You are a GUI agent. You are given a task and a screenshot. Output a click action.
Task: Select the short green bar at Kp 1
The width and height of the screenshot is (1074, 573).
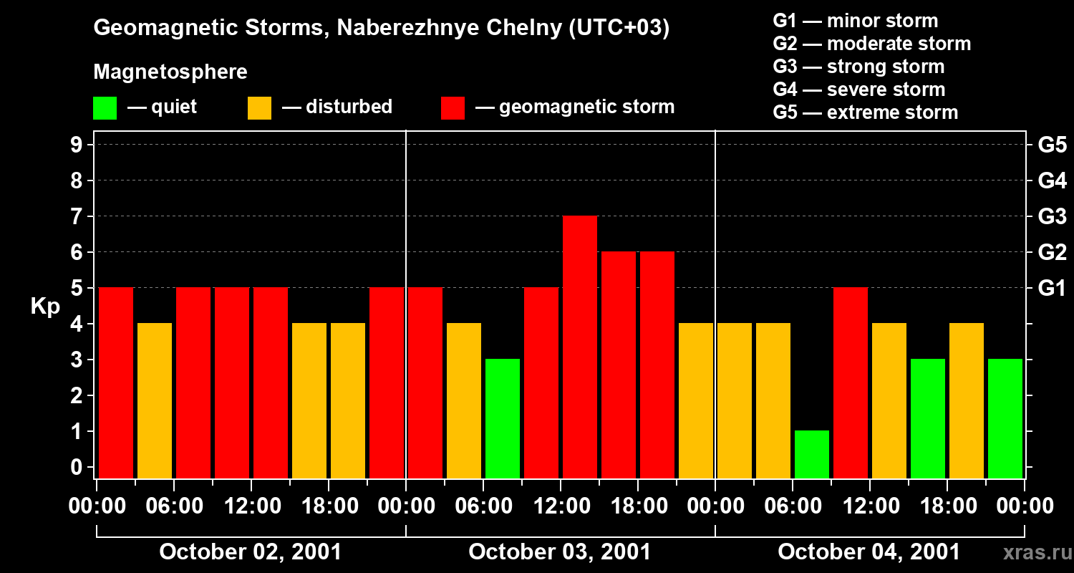pos(812,454)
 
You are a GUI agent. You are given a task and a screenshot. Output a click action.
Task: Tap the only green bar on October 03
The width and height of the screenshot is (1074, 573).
pos(503,418)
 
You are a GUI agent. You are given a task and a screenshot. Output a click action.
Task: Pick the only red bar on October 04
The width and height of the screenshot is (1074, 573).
pos(851,382)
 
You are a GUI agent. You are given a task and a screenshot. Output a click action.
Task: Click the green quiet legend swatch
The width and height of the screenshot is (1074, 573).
pos(105,108)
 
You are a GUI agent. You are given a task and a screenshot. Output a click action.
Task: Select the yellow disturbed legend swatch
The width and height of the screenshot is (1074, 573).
pos(259,108)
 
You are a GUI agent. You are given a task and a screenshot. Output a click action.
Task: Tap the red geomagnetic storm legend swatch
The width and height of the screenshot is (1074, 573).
pos(453,108)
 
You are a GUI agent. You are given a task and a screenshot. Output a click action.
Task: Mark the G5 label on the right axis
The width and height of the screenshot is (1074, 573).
pos(1052,145)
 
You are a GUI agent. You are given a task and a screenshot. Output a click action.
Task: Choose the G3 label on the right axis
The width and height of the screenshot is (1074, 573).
pos(1052,217)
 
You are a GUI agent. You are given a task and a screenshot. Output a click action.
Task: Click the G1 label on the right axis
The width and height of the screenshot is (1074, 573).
pos(1052,289)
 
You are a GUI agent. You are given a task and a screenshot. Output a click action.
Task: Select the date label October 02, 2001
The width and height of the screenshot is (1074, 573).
pos(250,552)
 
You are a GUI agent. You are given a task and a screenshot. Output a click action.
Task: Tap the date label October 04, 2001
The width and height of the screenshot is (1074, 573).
pos(869,552)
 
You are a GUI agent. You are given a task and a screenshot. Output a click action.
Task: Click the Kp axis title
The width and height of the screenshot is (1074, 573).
pos(45,307)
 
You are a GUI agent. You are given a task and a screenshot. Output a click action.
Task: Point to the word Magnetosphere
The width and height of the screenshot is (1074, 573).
pos(170,72)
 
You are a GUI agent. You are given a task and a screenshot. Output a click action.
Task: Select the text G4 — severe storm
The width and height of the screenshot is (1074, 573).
pos(858,90)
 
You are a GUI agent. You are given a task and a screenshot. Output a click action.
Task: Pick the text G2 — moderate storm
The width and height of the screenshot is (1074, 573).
pos(871,44)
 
